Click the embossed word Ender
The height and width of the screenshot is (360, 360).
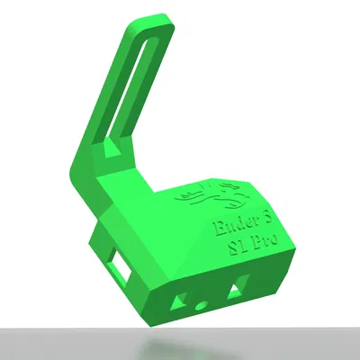(x=226, y=223)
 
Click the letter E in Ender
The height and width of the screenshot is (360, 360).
(x=214, y=226)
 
